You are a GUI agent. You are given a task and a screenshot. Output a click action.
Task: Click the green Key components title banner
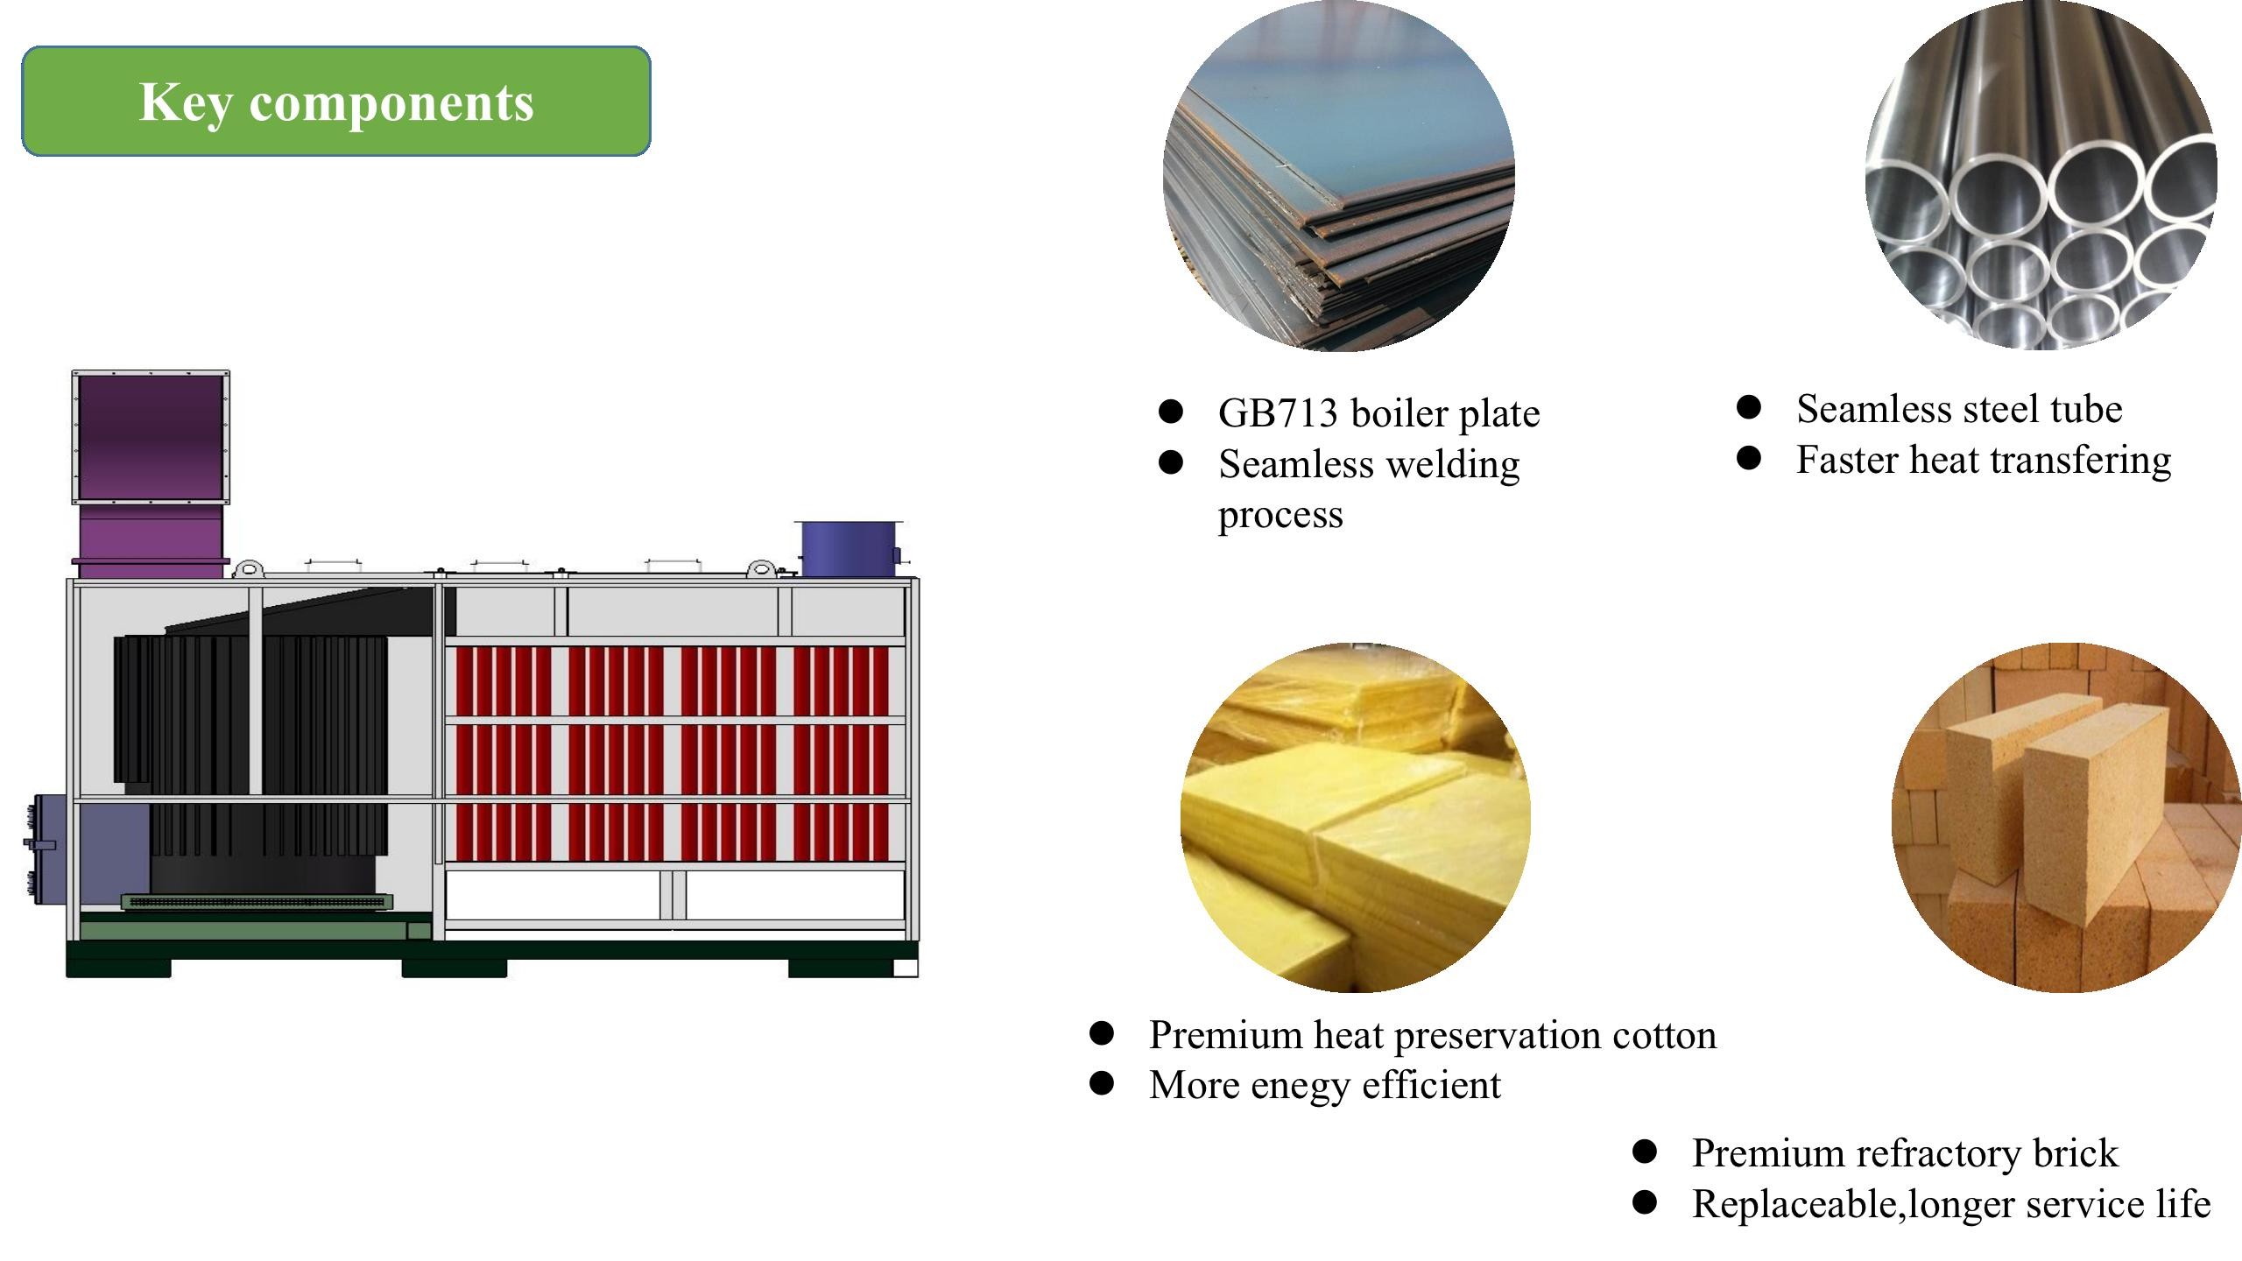336,102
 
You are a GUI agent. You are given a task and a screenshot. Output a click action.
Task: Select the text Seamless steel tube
1959,409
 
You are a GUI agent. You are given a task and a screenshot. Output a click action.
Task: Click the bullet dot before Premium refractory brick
1645,1152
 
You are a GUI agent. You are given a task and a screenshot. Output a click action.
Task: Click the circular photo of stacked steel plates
1339,176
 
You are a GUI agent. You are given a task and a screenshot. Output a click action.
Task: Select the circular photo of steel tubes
2041,175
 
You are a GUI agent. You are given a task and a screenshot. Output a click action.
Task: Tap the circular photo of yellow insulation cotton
1356,818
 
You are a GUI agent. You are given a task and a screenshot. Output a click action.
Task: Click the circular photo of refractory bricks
2067,818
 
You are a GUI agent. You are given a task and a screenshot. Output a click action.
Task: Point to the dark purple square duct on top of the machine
150,437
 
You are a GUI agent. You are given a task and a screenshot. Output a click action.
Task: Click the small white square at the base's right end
906,968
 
